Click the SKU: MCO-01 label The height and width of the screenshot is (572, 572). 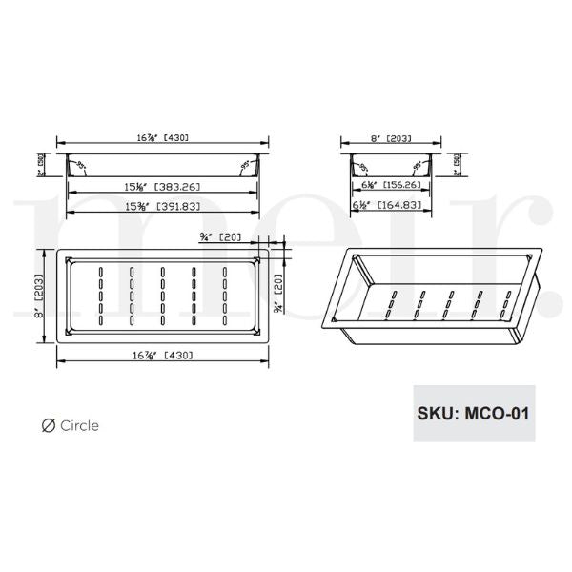click(x=473, y=414)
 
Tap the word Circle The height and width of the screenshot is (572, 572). click(x=79, y=426)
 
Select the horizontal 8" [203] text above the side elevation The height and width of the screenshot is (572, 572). click(x=391, y=138)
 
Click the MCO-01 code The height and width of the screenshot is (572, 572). click(x=497, y=414)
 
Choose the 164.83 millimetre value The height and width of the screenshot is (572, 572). click(x=403, y=204)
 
